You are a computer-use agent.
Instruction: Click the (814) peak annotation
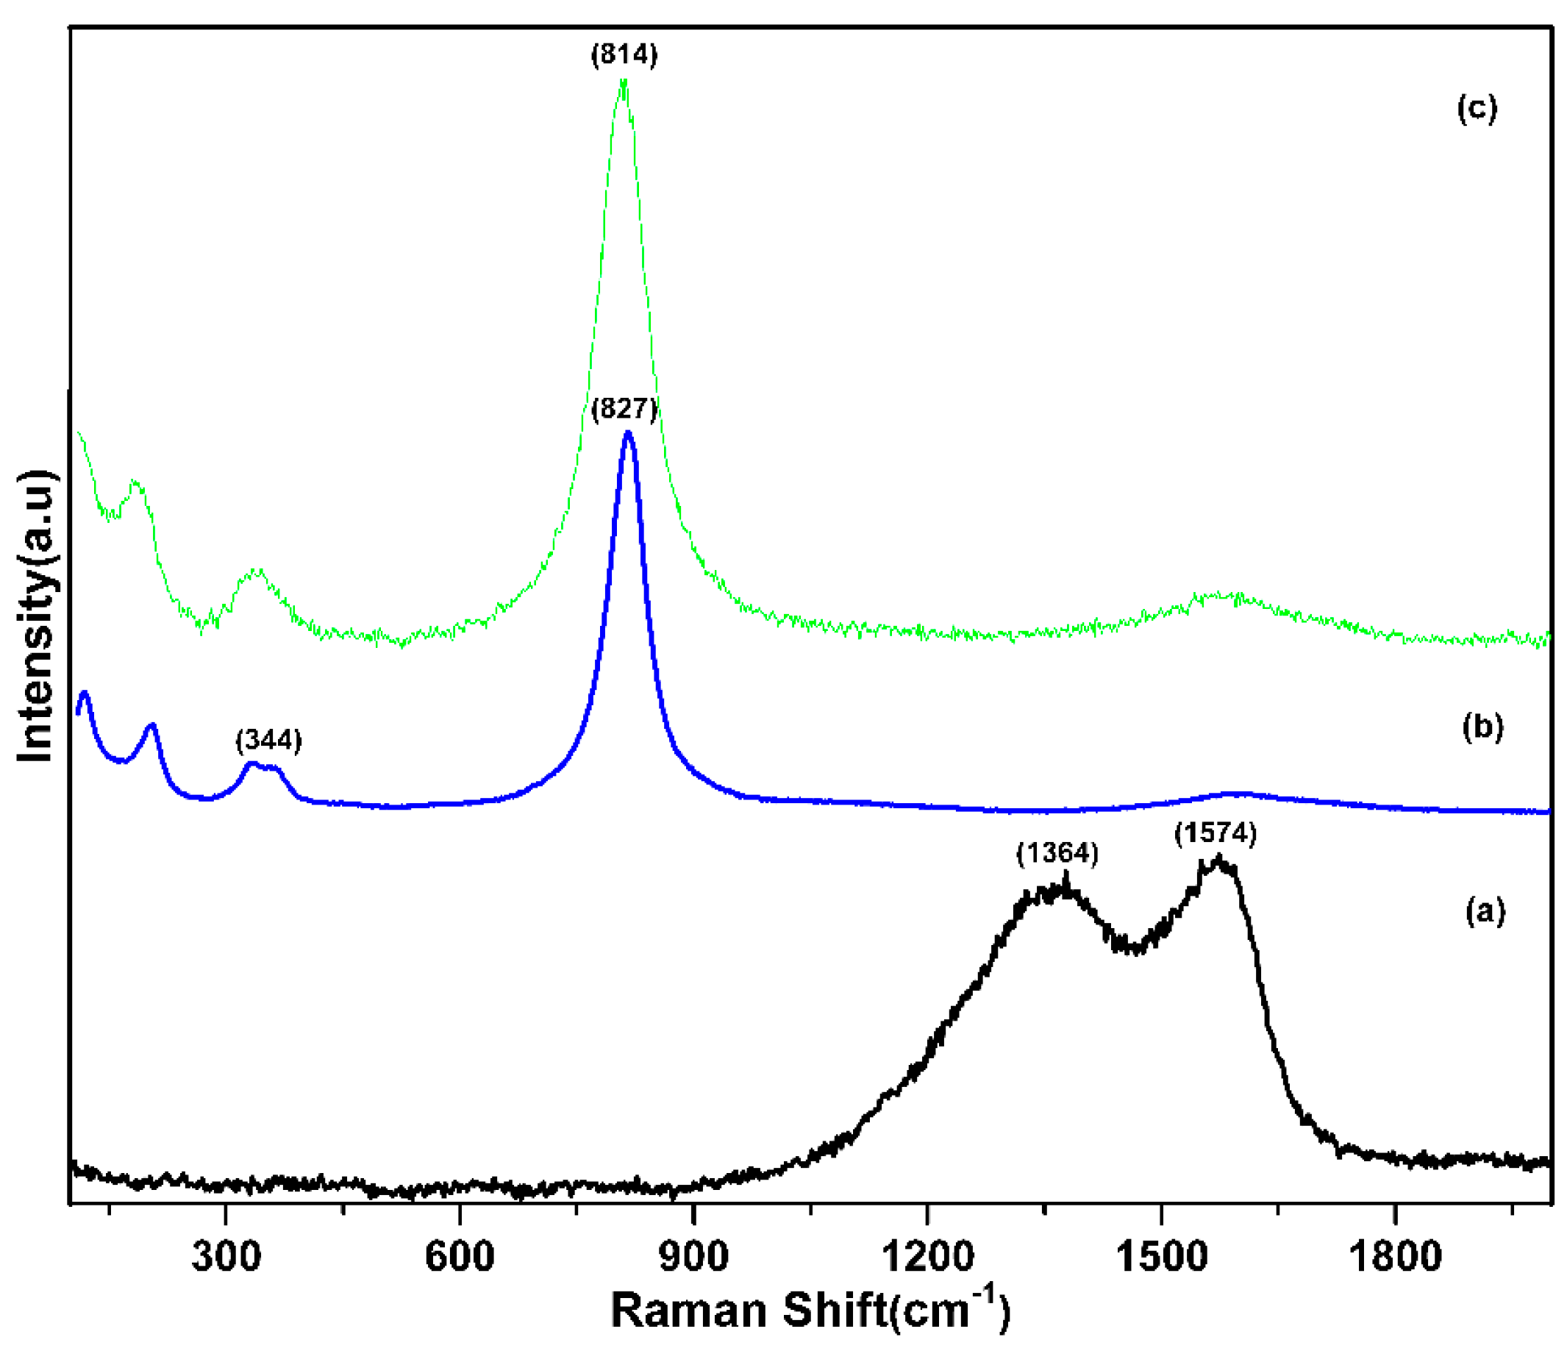point(624,54)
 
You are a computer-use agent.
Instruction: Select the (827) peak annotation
point(624,409)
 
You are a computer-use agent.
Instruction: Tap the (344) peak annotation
point(268,741)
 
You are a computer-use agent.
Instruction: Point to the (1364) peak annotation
point(1057,853)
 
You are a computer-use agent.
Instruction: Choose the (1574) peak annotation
point(1216,833)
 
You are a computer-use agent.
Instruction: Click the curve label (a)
point(1485,910)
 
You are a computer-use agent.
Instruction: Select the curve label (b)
point(1483,726)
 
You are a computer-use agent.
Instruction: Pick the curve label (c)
point(1477,109)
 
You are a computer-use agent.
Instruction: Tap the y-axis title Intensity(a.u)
point(36,616)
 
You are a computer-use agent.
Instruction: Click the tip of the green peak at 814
point(623,80)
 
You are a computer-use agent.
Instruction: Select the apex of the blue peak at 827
point(628,432)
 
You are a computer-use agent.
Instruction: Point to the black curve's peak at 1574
point(1218,858)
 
